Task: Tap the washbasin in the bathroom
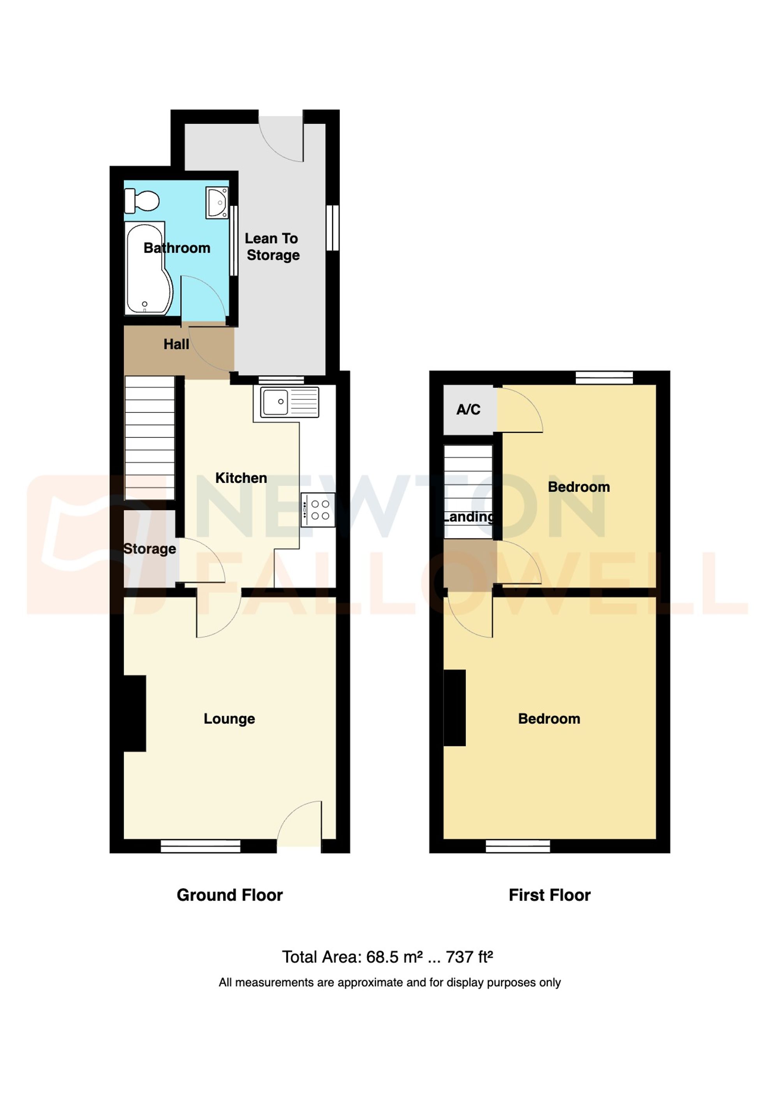coord(217,202)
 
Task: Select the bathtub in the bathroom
coord(148,268)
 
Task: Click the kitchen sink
coord(289,401)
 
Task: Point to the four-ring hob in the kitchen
coord(318,510)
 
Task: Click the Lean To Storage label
coord(272,246)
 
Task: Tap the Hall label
coord(176,344)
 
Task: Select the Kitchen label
coord(241,478)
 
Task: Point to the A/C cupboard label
coord(468,410)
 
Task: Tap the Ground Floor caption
coord(230,895)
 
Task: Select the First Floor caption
coord(549,895)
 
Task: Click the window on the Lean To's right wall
coord(333,228)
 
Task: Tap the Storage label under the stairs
coord(150,549)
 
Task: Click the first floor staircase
coord(468,491)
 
